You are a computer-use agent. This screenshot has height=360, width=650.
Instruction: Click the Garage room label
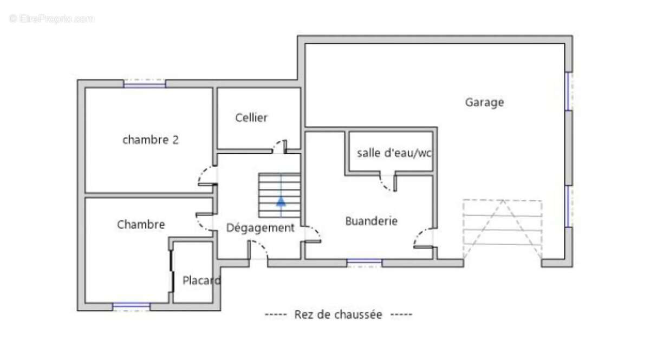(484, 102)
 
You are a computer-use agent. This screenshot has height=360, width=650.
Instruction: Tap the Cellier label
(251, 117)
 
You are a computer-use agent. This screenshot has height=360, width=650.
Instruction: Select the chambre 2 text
(151, 140)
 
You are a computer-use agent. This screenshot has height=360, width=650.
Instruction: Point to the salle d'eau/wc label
(394, 153)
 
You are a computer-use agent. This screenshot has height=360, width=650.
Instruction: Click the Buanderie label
(372, 221)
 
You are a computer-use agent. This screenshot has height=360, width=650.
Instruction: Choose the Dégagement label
(260, 228)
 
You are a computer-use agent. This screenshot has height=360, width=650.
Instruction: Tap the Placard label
(201, 280)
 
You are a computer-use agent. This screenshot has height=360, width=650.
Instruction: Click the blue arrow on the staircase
(281, 201)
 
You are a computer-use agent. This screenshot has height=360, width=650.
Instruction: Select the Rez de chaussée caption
(338, 315)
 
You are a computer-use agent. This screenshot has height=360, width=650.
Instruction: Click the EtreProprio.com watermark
(51, 18)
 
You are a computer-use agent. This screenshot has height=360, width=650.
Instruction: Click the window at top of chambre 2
(145, 83)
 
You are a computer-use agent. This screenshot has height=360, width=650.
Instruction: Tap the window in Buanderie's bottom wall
(364, 263)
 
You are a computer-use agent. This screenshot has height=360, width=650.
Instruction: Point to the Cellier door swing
(279, 147)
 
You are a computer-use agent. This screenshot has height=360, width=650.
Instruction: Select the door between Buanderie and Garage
(425, 238)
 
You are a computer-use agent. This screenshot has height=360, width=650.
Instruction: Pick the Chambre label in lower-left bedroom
(141, 224)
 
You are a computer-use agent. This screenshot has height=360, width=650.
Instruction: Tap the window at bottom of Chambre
(131, 306)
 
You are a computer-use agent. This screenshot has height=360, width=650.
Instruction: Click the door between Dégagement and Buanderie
(312, 234)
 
